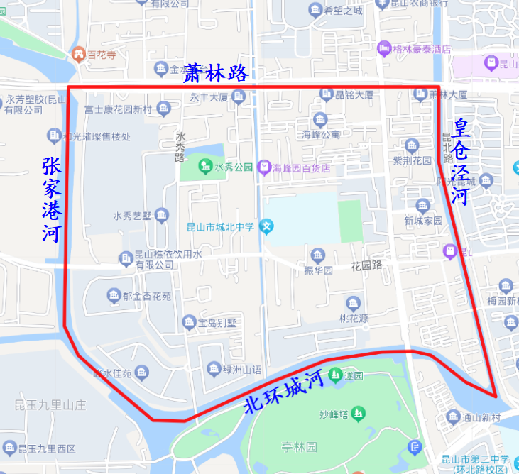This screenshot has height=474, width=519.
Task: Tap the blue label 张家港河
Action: click(51, 200)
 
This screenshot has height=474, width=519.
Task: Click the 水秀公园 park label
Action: click(234, 167)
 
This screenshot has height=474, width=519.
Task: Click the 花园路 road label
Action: click(366, 265)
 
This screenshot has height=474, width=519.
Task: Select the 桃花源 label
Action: click(354, 319)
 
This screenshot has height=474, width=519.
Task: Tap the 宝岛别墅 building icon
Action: click(189, 324)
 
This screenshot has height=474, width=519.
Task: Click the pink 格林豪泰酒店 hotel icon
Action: click(385, 49)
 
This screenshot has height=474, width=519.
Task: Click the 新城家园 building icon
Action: click(423, 206)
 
